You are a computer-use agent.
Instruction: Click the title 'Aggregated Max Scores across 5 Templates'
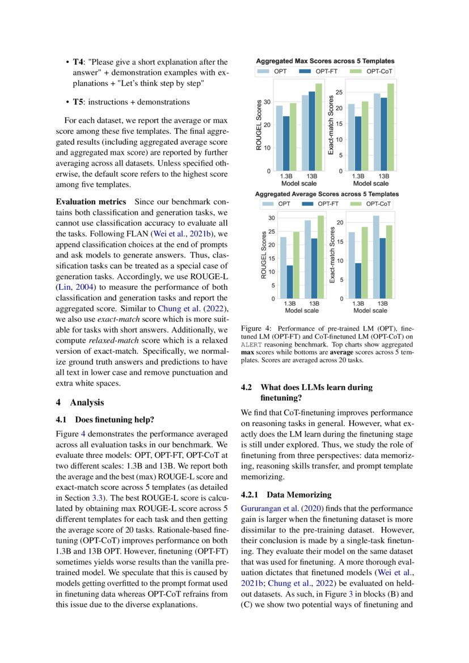(x=325, y=61)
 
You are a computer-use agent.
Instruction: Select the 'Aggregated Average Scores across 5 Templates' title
(x=326, y=194)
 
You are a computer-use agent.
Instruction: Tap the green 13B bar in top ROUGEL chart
(x=318, y=127)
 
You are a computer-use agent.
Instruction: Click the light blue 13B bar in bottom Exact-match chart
(x=375, y=257)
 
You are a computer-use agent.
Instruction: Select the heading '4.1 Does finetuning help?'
(x=104, y=420)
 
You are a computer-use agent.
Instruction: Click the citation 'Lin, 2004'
(x=75, y=288)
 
